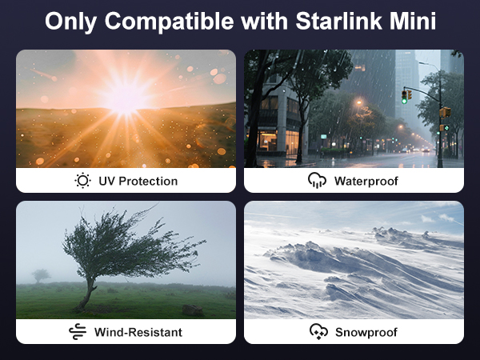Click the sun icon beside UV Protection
[x=82, y=181]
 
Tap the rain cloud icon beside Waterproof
[x=317, y=181]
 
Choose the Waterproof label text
[x=366, y=181]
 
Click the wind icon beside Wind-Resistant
[x=78, y=331]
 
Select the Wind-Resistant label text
[x=138, y=331]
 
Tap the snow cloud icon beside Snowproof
[x=318, y=331]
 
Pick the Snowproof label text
[x=366, y=331]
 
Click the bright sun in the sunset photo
[x=126, y=97]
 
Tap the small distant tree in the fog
[x=41, y=275]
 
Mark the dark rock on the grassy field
[x=192, y=310]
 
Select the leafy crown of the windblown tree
[x=128, y=244]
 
